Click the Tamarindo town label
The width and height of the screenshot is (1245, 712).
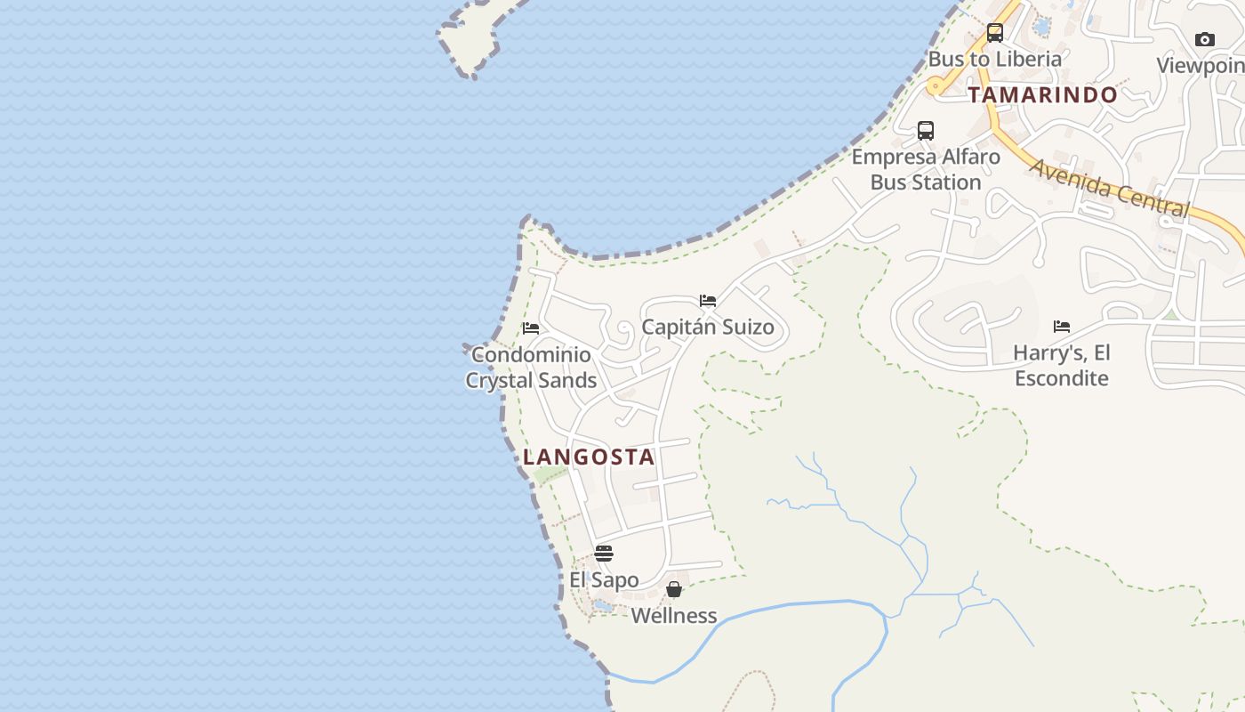(x=1042, y=95)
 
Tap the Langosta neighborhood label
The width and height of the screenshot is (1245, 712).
(x=589, y=457)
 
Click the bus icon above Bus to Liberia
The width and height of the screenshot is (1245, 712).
(x=995, y=34)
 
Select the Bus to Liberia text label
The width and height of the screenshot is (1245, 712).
(x=995, y=60)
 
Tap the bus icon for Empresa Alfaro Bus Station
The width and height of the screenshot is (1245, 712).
(x=926, y=131)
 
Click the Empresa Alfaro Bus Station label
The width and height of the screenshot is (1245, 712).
(x=926, y=169)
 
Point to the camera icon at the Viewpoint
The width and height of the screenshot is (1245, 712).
(x=1205, y=39)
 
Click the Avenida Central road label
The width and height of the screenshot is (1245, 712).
(x=1109, y=188)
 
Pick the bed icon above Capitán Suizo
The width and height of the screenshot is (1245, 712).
(x=708, y=301)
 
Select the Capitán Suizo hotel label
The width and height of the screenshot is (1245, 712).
(x=708, y=327)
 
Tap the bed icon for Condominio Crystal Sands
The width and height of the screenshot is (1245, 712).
(x=531, y=328)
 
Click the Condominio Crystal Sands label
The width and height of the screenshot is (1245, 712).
(x=531, y=368)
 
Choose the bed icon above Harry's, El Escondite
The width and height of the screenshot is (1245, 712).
(x=1062, y=327)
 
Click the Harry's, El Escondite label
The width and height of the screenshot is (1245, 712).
(x=1062, y=365)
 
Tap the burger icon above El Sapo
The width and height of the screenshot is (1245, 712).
(x=604, y=554)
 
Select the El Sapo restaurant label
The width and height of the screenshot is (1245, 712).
(x=604, y=580)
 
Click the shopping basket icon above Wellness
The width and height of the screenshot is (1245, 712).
(x=674, y=589)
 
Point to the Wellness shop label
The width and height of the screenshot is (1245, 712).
(x=674, y=615)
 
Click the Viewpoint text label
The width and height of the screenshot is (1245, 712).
(x=1201, y=66)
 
